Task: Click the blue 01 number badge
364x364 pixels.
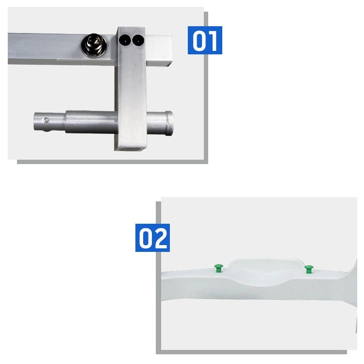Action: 205,40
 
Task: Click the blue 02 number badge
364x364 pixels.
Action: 152,238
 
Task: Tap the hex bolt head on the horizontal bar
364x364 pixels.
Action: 94,45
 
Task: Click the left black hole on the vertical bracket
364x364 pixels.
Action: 125,40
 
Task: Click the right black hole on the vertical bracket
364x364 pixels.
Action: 138,40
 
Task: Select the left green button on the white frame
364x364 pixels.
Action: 218,268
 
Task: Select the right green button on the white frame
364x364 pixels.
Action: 309,269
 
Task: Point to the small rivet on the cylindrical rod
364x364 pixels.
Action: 46,120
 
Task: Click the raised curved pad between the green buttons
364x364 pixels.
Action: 265,270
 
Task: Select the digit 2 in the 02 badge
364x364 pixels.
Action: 161,238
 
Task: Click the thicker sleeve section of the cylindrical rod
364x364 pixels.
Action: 92,122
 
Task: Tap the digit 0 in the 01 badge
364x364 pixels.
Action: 199,41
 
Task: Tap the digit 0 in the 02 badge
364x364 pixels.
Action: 146,238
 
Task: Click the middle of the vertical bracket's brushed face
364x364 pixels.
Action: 132,93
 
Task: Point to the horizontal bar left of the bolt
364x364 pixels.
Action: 45,48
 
